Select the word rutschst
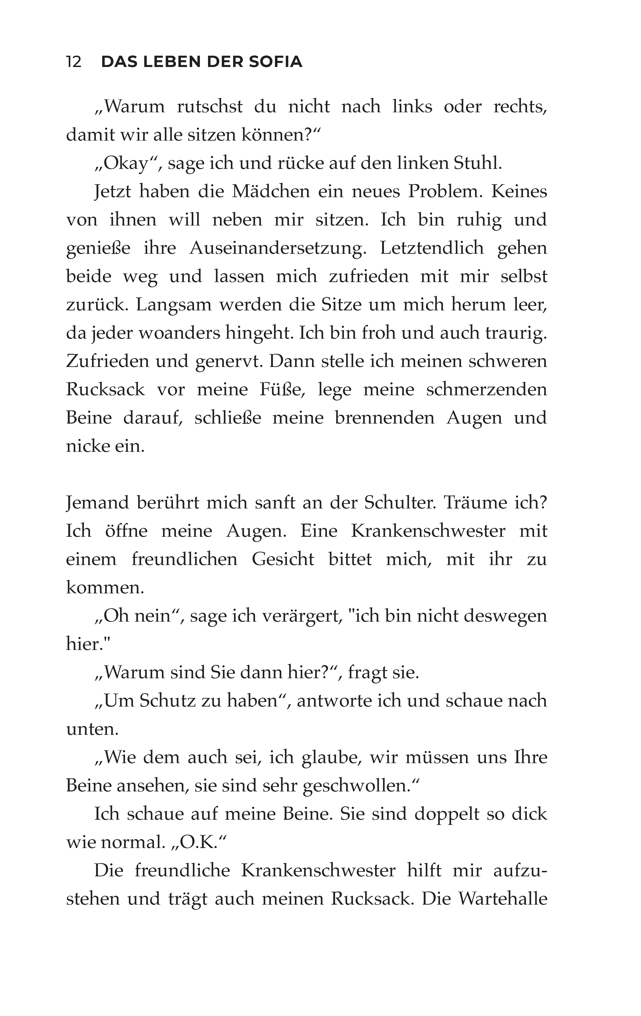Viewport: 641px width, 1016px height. pos(210,106)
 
